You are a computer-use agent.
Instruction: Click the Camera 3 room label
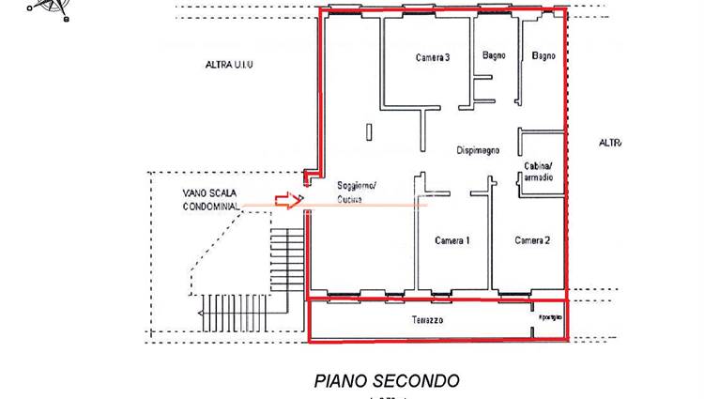coord(433,57)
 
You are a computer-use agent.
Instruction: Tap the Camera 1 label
coord(452,241)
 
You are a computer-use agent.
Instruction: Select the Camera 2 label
coord(532,240)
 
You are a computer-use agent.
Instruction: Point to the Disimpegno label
coord(478,150)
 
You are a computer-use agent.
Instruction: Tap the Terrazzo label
coord(427,320)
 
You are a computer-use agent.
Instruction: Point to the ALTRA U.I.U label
coord(236,65)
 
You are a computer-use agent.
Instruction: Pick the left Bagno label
coord(495,55)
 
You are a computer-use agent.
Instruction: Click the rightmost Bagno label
coord(543,56)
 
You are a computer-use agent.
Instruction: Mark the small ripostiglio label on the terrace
coord(547,316)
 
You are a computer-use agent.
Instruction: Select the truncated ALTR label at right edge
coord(610,143)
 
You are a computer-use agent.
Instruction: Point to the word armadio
coord(539,177)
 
